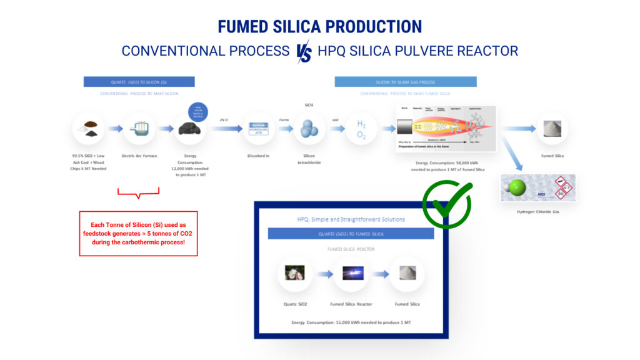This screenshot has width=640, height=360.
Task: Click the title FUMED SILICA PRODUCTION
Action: click(319, 26)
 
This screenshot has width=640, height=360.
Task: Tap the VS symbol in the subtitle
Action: click(304, 51)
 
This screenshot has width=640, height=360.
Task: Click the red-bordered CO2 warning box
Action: click(138, 233)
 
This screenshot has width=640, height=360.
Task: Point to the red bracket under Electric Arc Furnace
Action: click(139, 193)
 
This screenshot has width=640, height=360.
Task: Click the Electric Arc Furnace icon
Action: click(139, 129)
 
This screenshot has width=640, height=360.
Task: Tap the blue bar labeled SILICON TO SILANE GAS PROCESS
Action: click(406, 82)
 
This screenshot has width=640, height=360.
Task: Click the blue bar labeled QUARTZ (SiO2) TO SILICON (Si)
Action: click(139, 82)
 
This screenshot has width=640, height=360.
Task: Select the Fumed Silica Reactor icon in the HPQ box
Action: click(351, 274)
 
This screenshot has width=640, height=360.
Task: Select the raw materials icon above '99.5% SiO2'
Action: click(89, 129)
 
